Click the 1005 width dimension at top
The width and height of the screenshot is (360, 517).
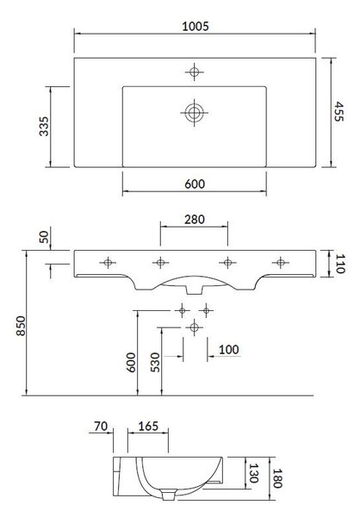(x=196, y=26)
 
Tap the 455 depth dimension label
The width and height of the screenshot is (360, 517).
(x=339, y=111)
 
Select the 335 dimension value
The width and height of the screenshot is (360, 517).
(x=44, y=127)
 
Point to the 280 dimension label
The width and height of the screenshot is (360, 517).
(x=194, y=219)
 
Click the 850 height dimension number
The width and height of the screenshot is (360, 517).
(x=21, y=326)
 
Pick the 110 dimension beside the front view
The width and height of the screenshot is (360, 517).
(x=340, y=264)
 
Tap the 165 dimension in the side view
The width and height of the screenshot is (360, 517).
(x=148, y=426)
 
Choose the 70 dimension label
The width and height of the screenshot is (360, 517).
(x=101, y=426)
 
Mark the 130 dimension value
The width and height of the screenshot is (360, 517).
(x=253, y=473)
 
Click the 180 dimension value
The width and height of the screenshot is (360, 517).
(x=277, y=478)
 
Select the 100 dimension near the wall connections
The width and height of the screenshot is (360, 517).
(x=229, y=350)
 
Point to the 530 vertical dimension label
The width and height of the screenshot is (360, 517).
(x=155, y=363)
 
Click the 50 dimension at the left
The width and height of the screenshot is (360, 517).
(x=44, y=237)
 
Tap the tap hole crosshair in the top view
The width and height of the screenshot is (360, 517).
(x=194, y=72)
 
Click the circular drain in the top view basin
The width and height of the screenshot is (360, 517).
(x=194, y=113)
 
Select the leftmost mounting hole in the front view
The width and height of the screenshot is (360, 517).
(x=108, y=263)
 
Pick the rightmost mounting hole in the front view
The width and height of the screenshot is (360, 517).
(x=281, y=263)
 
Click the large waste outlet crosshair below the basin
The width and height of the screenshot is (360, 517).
(x=194, y=327)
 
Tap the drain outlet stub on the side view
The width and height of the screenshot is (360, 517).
(x=169, y=495)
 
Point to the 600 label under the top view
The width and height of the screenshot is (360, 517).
(x=195, y=184)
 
